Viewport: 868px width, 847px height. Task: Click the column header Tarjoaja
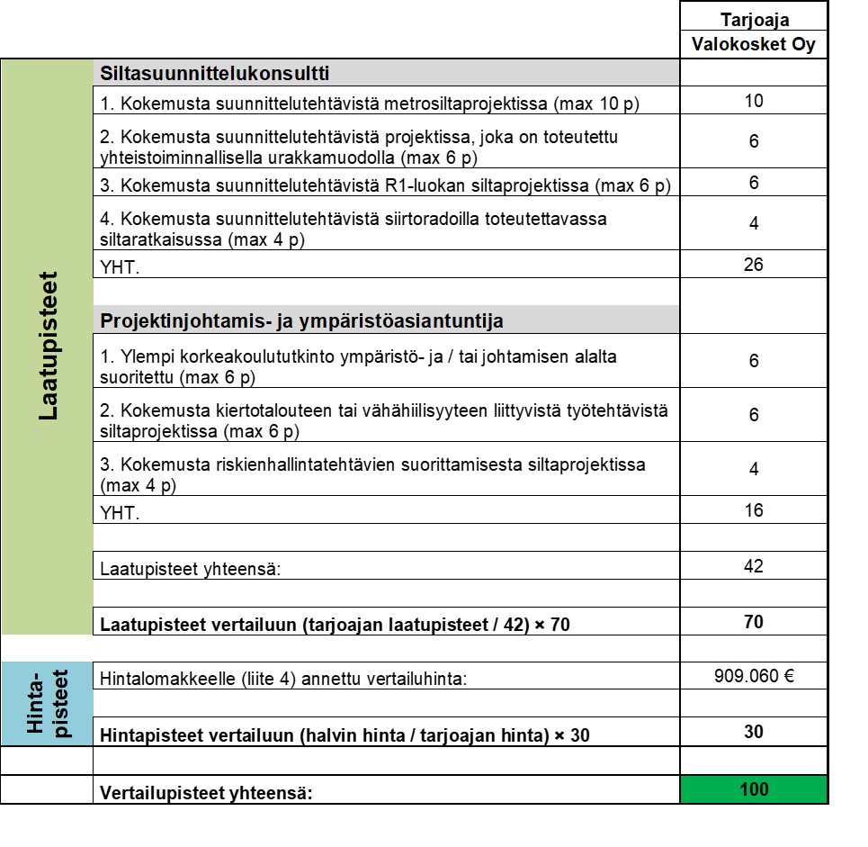(x=754, y=19)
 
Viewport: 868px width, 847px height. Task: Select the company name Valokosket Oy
(x=754, y=45)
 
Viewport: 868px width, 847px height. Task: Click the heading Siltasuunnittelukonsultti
(x=215, y=73)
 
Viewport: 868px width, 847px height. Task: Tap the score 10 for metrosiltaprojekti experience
(x=754, y=100)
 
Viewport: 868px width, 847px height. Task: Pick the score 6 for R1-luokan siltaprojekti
(x=754, y=183)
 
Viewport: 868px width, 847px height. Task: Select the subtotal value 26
(x=754, y=265)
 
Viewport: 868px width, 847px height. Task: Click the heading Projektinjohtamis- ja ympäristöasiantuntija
(x=302, y=320)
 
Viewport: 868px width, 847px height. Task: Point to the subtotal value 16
(x=754, y=510)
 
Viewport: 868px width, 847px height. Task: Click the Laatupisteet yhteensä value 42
(x=754, y=566)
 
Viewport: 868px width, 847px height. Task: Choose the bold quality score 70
(x=754, y=622)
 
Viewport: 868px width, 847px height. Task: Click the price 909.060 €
(x=754, y=676)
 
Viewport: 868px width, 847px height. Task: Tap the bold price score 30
(x=754, y=732)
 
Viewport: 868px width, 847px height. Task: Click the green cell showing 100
(x=754, y=789)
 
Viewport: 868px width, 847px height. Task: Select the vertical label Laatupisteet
(x=48, y=347)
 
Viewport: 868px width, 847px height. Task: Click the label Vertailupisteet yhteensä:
(x=206, y=794)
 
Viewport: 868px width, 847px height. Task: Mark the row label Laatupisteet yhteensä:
(x=190, y=569)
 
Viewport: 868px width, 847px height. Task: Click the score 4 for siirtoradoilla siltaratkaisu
(x=754, y=223)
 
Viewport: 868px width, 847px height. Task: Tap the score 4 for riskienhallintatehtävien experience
(x=754, y=469)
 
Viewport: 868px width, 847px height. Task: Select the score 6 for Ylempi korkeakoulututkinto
(x=754, y=360)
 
